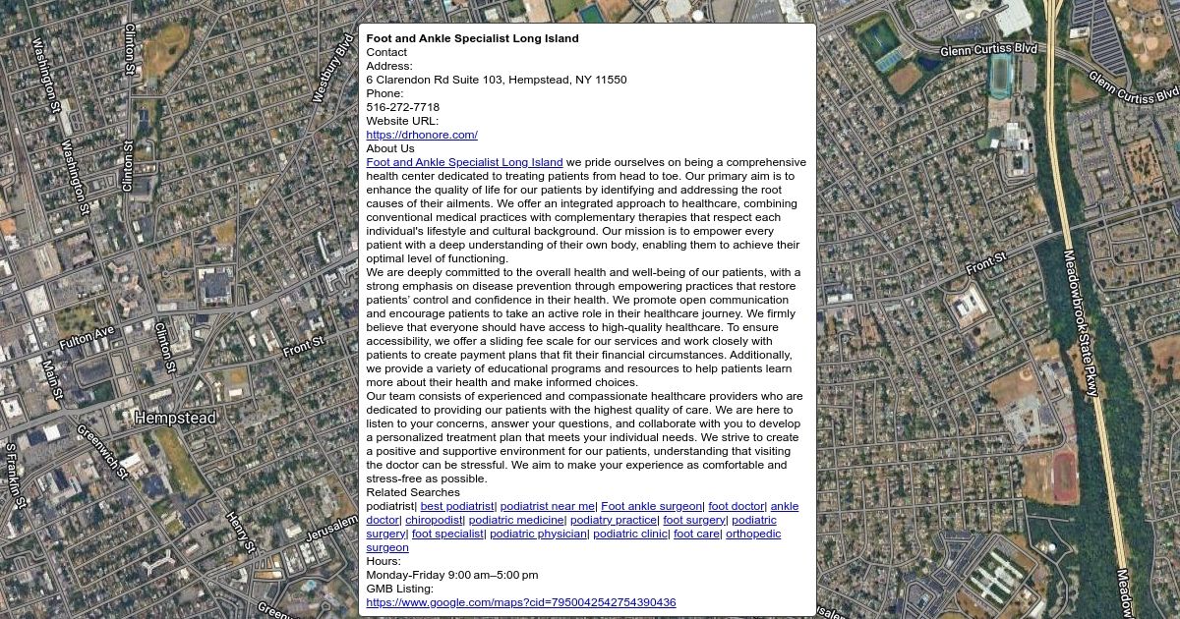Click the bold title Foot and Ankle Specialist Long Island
click(x=472, y=38)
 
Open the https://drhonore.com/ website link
click(x=421, y=135)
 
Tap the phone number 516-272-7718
click(x=402, y=107)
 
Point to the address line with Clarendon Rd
click(x=496, y=80)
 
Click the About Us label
click(x=389, y=148)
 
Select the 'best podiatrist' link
click(x=457, y=506)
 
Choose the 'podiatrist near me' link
click(x=547, y=506)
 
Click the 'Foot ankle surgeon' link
click(x=651, y=506)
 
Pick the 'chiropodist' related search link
click(x=434, y=520)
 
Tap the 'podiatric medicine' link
click(x=516, y=520)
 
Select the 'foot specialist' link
click(x=447, y=534)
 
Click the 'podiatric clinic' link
click(x=630, y=534)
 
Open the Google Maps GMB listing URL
click(x=520, y=602)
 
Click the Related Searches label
click(x=412, y=492)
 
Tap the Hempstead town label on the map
click(x=175, y=418)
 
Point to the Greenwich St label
click(x=102, y=452)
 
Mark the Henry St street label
click(x=240, y=532)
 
